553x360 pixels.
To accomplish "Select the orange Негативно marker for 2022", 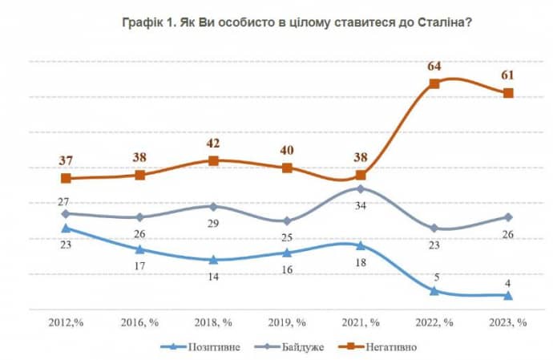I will click(x=434, y=83).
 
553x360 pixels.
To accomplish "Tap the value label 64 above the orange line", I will click(x=434, y=65).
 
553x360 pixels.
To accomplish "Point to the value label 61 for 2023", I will click(x=507, y=75).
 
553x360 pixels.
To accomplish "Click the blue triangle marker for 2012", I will click(x=67, y=229).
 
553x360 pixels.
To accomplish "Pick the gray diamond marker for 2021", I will click(x=361, y=189).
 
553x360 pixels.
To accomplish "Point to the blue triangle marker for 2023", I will click(x=508, y=296).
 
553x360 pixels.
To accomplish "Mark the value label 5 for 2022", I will click(x=434, y=277).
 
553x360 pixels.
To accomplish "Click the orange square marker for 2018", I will click(x=213, y=161).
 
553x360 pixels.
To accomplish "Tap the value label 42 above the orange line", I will click(x=213, y=144).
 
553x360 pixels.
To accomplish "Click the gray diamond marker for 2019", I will click(x=288, y=221).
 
